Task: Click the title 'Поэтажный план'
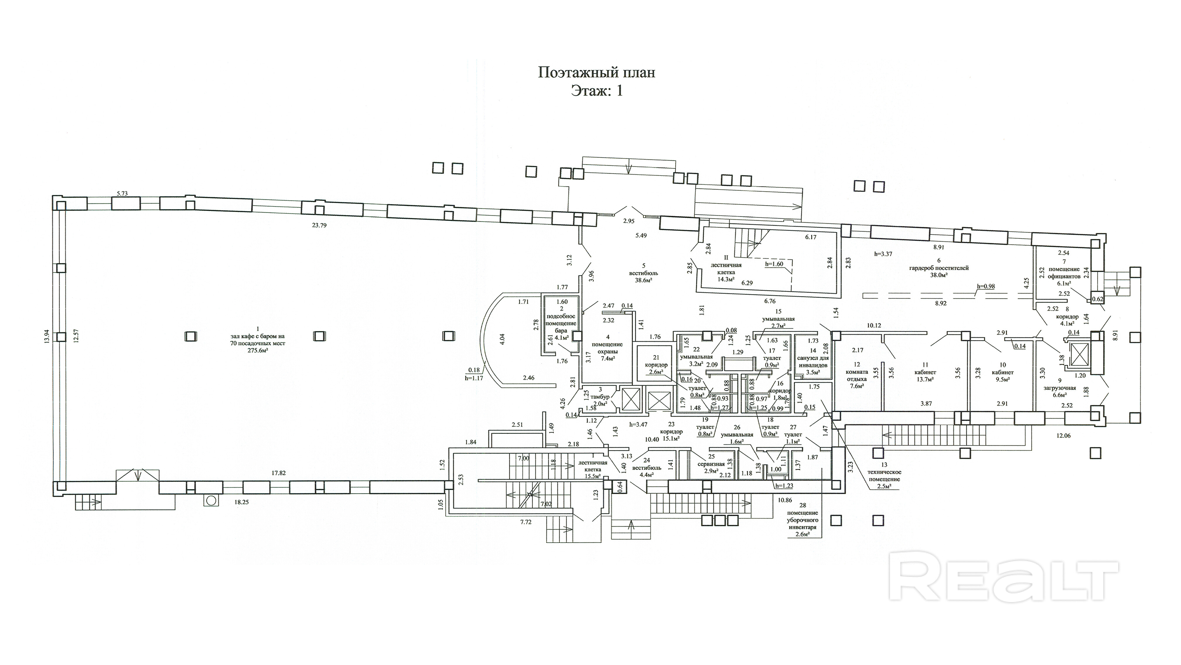pyautogui.click(x=596, y=72)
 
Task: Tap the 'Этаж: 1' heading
pyautogui.click(x=596, y=91)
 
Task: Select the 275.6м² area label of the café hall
pyautogui.click(x=258, y=350)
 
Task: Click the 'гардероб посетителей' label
pyautogui.click(x=939, y=268)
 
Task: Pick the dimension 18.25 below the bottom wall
pyautogui.click(x=242, y=502)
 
